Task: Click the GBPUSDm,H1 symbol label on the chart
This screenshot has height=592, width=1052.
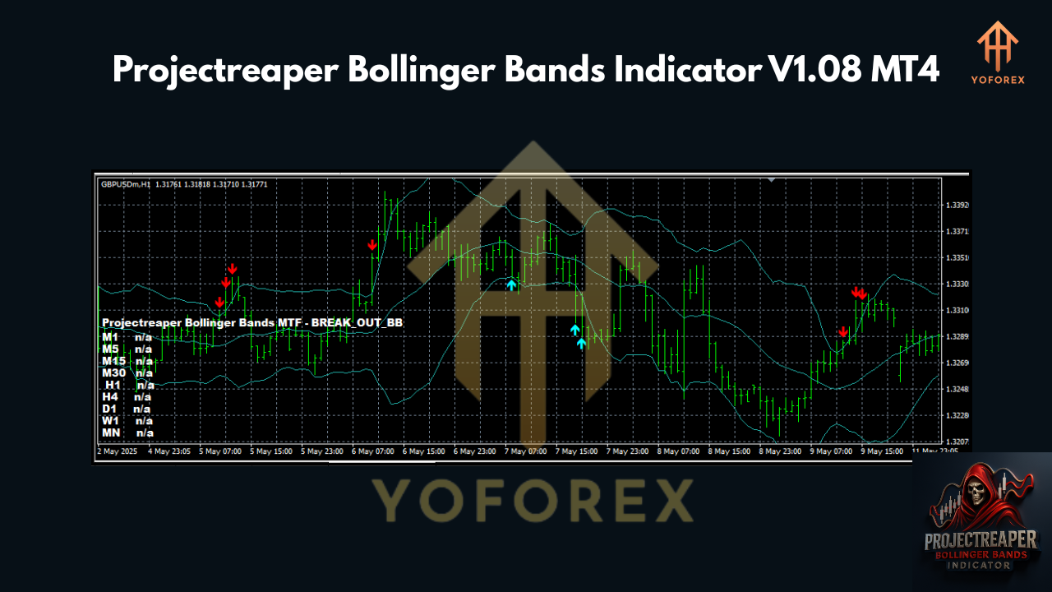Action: [126, 184]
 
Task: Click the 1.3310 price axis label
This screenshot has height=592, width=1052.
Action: [957, 311]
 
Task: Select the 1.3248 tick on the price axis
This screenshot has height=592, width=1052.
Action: [957, 390]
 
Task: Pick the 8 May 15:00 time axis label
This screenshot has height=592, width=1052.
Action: [731, 451]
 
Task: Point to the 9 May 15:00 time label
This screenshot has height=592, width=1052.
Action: [882, 451]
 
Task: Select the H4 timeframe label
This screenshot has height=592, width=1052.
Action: [110, 396]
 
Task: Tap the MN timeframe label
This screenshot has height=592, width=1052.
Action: [111, 432]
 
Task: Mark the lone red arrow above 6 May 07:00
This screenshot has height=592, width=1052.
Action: [372, 245]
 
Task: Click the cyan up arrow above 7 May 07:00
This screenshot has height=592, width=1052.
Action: [511, 285]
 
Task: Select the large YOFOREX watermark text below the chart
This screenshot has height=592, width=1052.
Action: [533, 500]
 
